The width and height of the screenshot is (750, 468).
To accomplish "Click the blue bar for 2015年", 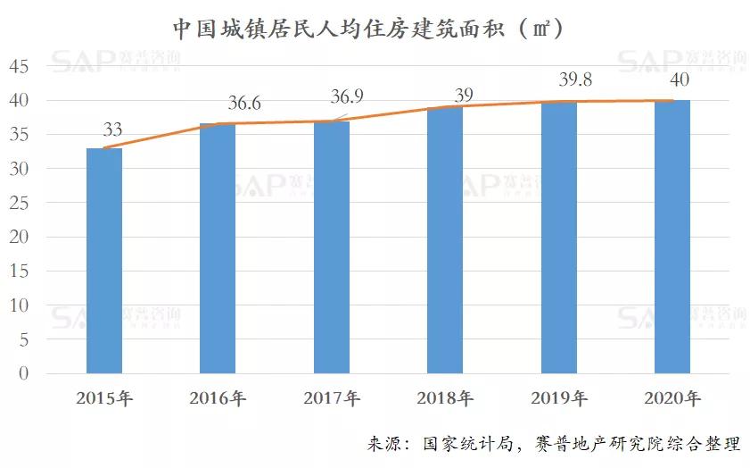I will tap(104, 261).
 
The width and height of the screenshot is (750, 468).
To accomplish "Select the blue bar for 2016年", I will tap(218, 248).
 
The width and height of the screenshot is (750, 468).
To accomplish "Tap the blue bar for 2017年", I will tap(332, 247).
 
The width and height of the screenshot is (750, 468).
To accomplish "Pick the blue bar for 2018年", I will tap(445, 239).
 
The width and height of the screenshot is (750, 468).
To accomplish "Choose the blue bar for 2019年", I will tap(558, 237).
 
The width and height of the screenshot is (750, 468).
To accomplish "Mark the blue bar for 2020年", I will tap(672, 237).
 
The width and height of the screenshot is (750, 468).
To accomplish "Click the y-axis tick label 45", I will tap(20, 67).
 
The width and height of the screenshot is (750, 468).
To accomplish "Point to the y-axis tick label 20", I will tap(20, 238).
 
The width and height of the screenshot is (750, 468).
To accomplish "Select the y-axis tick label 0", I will tap(24, 374).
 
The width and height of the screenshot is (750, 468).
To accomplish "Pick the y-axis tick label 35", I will tap(20, 135).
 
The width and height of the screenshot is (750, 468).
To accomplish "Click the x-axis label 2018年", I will tap(445, 398).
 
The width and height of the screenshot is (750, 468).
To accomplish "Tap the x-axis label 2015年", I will tap(104, 398).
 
